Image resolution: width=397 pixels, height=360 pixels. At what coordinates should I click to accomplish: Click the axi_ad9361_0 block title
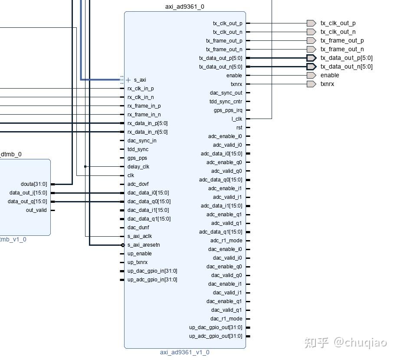click(x=184, y=7)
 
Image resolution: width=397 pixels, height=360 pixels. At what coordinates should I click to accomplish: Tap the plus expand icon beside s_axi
click(x=128, y=80)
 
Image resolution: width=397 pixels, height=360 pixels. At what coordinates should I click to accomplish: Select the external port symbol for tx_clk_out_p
click(x=312, y=23)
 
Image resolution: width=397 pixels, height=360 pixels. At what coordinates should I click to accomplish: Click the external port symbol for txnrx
click(x=312, y=84)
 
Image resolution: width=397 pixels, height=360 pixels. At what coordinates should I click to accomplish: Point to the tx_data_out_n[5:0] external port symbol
click(x=312, y=66)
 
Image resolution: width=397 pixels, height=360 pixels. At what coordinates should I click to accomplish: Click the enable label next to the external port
click(x=330, y=75)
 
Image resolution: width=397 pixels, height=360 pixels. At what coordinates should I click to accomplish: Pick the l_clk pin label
click(x=237, y=119)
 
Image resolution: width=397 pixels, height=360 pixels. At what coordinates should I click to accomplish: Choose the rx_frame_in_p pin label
click(x=144, y=106)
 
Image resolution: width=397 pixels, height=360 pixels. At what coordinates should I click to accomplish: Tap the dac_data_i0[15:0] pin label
click(x=148, y=193)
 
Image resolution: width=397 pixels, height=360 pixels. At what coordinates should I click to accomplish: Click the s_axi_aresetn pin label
click(x=144, y=245)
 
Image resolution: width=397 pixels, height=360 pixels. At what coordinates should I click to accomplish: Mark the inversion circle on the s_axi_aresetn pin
click(x=123, y=245)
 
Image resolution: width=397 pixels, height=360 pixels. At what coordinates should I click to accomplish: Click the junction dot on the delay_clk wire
click(x=85, y=166)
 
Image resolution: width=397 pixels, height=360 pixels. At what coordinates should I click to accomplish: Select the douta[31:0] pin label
click(x=34, y=184)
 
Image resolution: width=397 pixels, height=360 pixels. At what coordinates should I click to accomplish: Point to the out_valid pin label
click(x=36, y=210)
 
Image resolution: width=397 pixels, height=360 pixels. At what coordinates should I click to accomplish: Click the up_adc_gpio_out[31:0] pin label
click(x=216, y=336)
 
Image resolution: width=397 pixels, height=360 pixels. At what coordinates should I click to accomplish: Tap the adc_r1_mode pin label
click(x=226, y=241)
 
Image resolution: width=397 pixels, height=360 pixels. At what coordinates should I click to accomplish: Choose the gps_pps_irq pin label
click(x=228, y=110)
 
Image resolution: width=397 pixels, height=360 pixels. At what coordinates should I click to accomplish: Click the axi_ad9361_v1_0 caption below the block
click(x=184, y=352)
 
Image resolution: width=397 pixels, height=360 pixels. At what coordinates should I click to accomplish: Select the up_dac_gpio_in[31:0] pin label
click(x=152, y=271)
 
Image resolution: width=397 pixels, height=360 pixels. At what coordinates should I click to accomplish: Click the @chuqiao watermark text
click(x=360, y=343)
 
